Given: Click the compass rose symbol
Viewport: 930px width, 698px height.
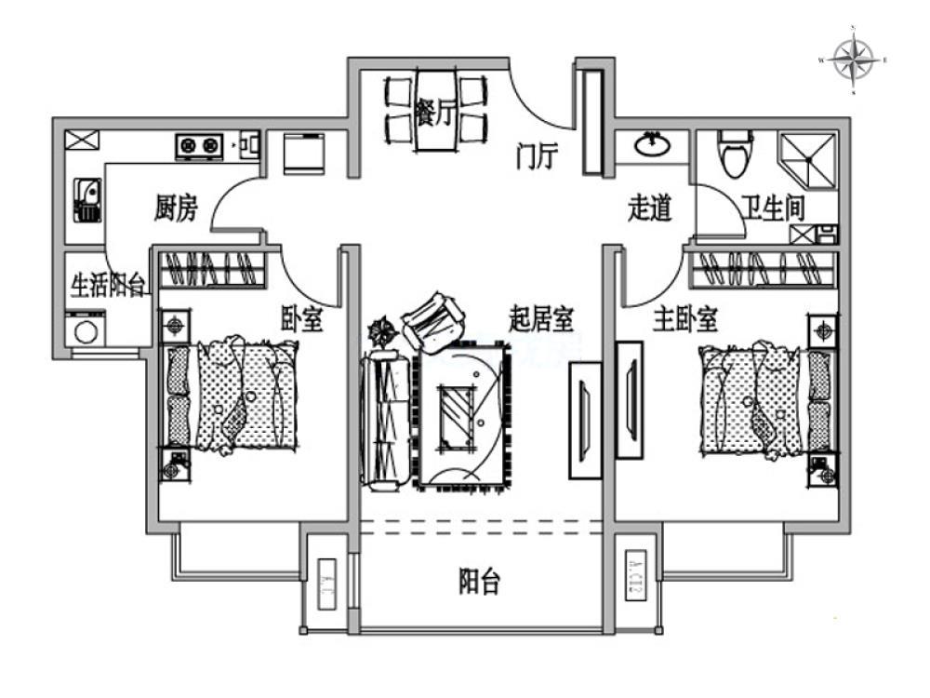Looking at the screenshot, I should (853, 60).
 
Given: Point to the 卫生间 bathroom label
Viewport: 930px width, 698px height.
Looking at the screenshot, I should (773, 208).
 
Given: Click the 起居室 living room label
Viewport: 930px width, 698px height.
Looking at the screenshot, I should (540, 320).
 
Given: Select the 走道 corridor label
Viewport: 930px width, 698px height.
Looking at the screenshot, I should (649, 209).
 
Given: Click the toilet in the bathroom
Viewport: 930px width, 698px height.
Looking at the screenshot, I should (735, 153).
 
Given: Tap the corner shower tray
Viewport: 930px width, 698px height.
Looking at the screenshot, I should (806, 158).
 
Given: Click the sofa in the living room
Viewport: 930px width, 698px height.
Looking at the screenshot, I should (385, 419).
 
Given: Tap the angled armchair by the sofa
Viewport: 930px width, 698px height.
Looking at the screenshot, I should (433, 322).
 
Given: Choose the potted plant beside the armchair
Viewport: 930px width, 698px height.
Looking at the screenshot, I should (381, 330).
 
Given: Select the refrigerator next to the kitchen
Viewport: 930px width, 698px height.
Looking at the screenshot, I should (303, 154).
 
